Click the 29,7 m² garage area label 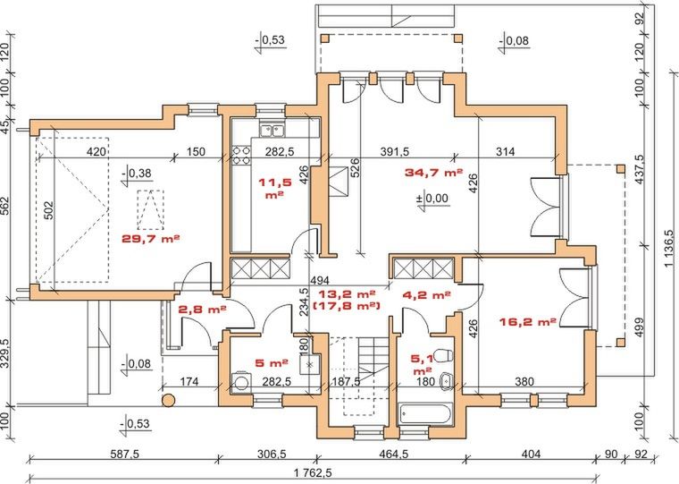click(150, 239)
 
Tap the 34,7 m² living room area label click(433, 172)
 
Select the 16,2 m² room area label click(528, 322)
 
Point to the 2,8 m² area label click(202, 310)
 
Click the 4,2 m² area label click(426, 295)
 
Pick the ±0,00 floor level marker click(433, 200)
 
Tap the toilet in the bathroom click(444, 356)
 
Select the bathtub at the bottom click(424, 413)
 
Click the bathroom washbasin click(447, 381)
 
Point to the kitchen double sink click(272, 129)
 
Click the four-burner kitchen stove click(241, 156)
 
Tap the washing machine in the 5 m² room click(240, 383)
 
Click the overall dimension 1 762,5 click(312, 471)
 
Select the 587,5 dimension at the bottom click(124, 454)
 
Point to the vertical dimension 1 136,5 click(670, 247)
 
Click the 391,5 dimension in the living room click(395, 151)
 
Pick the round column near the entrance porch click(169, 400)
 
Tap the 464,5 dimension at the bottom click(394, 454)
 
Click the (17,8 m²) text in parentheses click(346, 306)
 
